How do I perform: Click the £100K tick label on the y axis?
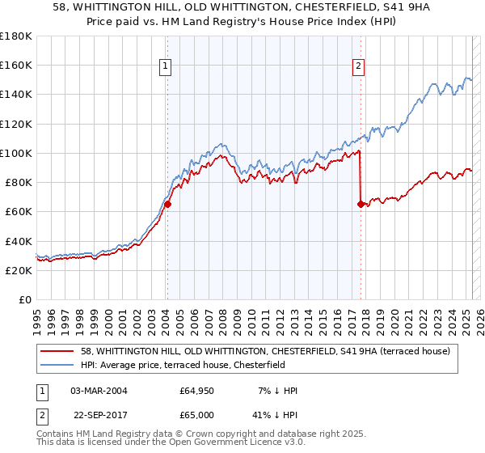(x=15, y=153)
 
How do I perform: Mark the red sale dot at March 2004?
(x=167, y=205)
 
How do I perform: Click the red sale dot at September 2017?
(x=361, y=205)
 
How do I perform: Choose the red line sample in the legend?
(x=57, y=351)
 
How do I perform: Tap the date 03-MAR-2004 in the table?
(x=99, y=391)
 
